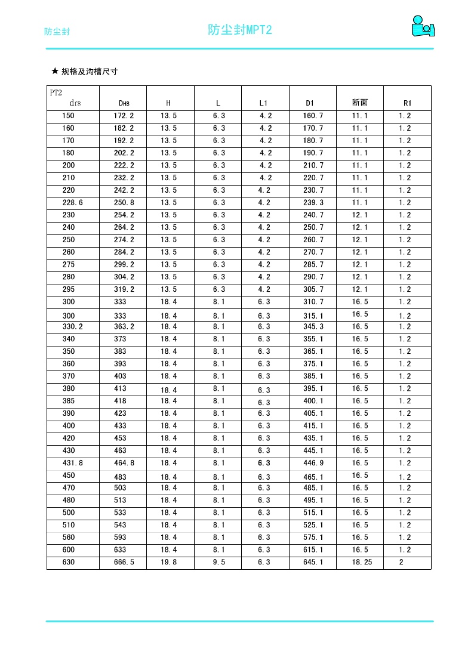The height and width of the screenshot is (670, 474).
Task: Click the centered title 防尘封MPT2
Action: pos(239,30)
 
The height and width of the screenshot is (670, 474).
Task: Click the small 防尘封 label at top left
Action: pos(57,32)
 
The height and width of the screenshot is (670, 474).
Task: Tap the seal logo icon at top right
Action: pos(423,27)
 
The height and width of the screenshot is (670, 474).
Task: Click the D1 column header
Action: pos(310,103)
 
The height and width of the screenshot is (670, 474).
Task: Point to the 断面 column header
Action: pos(360,103)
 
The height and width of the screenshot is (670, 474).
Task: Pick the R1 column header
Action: pos(408,103)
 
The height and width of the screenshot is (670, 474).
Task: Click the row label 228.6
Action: pos(73,203)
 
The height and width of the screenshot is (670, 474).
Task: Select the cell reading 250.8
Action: pos(124,203)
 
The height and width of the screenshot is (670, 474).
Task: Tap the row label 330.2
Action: pos(73,327)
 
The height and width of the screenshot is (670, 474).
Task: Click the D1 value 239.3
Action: pos(313,203)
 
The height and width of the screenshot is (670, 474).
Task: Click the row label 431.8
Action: pos(73,463)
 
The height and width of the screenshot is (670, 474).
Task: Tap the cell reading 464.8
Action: pos(124,463)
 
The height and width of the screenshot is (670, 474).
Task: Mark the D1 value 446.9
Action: pos(313,463)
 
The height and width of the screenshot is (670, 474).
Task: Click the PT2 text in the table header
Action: pos(56,92)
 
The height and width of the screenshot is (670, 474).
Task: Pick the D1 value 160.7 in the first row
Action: pos(313,116)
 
